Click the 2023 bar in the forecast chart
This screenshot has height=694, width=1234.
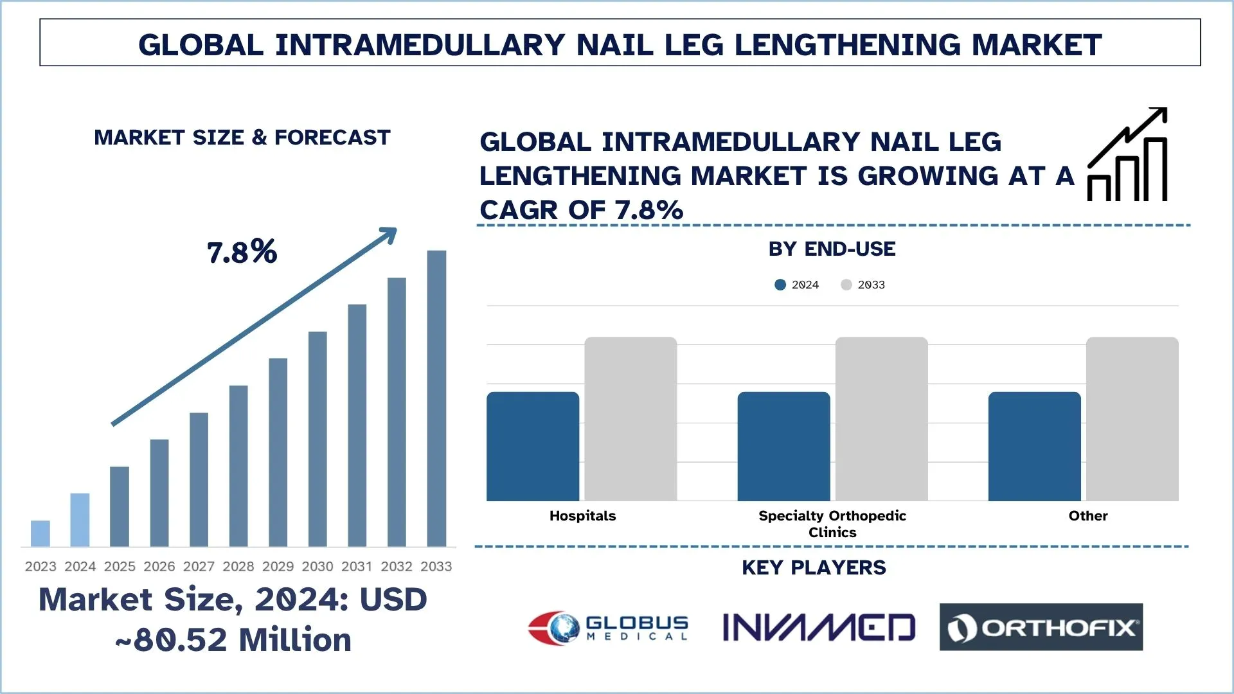tap(40, 533)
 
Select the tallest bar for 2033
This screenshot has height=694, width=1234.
tap(436, 398)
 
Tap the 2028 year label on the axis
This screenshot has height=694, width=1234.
tap(238, 567)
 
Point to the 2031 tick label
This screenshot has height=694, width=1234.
tap(357, 567)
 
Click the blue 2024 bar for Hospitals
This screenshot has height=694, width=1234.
tap(533, 447)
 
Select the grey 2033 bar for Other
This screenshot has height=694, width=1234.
tap(1132, 419)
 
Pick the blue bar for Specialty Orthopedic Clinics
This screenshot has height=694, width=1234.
tap(783, 447)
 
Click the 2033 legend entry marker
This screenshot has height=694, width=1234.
tap(846, 285)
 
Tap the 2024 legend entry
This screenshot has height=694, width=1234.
tap(797, 285)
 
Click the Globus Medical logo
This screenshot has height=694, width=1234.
tap(608, 628)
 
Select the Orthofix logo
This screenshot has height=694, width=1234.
tap(1041, 627)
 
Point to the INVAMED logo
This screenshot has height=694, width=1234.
tap(818, 628)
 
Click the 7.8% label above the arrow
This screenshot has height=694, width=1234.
tap(242, 252)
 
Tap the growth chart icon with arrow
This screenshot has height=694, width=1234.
tap(1127, 155)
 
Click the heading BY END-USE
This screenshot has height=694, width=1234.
tap(832, 249)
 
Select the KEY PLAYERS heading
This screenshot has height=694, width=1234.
tap(814, 568)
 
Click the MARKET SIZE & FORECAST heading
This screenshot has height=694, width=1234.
tap(242, 138)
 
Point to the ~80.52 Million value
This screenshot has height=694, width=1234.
tap(233, 640)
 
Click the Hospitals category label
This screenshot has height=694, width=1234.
tap(582, 516)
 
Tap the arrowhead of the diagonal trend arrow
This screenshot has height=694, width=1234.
tap(389, 235)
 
